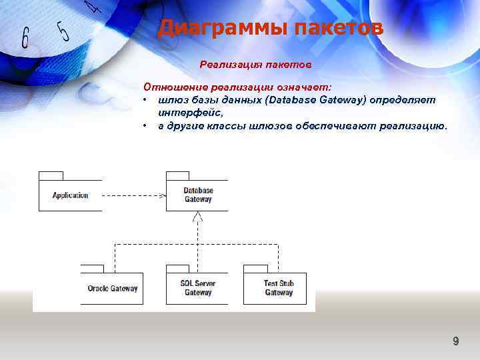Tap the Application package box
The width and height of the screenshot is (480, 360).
[x=70, y=195]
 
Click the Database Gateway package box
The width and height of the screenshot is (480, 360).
[x=197, y=195]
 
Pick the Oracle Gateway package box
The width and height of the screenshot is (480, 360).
[x=112, y=289]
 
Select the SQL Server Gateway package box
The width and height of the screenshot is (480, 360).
[x=197, y=288]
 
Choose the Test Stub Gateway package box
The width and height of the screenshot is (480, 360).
[x=278, y=288]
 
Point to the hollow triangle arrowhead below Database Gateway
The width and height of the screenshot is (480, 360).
[x=197, y=217]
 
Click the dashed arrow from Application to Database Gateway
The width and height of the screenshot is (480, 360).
[x=133, y=195]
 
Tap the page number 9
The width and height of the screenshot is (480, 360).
[x=456, y=341]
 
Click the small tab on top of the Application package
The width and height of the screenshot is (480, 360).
[x=51, y=175]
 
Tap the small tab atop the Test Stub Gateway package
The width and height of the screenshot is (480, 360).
[x=255, y=269]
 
